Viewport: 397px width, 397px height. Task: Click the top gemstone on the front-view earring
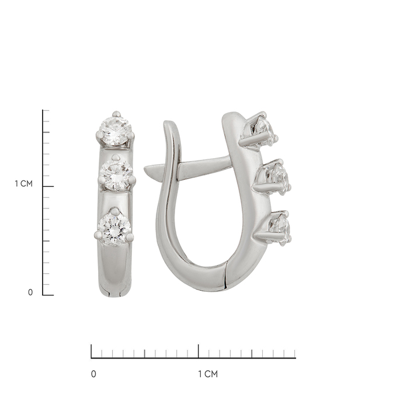coord(116,131)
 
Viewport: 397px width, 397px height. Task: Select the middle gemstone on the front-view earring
coord(116,175)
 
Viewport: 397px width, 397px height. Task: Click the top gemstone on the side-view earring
coord(264,132)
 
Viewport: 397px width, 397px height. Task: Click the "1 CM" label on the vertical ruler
coord(23,183)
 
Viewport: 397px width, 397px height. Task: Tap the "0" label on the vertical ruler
coord(30,292)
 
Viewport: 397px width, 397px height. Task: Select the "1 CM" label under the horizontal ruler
coord(208,374)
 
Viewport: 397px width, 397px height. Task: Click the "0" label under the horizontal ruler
coord(93,374)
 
